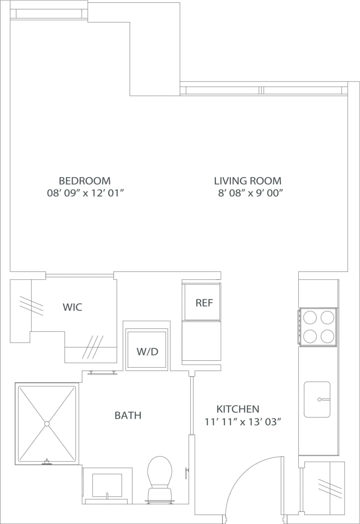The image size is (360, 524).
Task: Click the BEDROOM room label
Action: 85,181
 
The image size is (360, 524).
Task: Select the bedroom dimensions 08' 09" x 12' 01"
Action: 85,193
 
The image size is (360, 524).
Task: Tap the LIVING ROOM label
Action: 248,181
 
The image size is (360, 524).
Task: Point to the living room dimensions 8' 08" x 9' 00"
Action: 250,193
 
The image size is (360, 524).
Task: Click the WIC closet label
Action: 72,307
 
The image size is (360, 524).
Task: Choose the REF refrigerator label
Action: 204,303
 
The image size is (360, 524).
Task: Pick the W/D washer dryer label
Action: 147,351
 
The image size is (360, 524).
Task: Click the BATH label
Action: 128,415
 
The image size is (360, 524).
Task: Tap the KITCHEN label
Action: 238,409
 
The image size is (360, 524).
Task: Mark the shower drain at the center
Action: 47,423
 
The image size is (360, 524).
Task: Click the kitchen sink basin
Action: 317,399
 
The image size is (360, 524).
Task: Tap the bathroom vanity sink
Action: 107,486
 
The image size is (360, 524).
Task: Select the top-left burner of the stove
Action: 310,318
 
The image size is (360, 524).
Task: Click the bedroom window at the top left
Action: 49,14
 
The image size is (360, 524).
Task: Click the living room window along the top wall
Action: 262,90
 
